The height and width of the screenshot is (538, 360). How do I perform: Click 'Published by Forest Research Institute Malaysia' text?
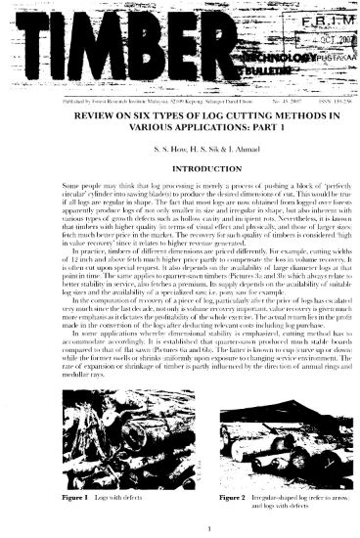[x=98, y=100]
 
